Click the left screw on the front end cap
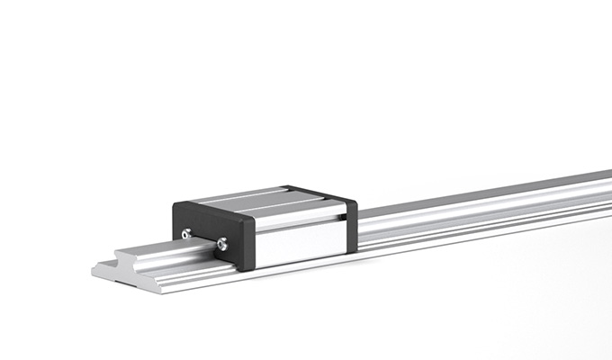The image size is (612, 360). click(186, 234)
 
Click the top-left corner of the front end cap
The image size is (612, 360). click(175, 204)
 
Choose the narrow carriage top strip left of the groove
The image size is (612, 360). click(234, 195)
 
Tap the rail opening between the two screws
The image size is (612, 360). click(202, 241)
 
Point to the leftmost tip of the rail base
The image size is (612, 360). click(94, 267)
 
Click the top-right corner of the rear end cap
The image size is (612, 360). click(356, 200)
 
